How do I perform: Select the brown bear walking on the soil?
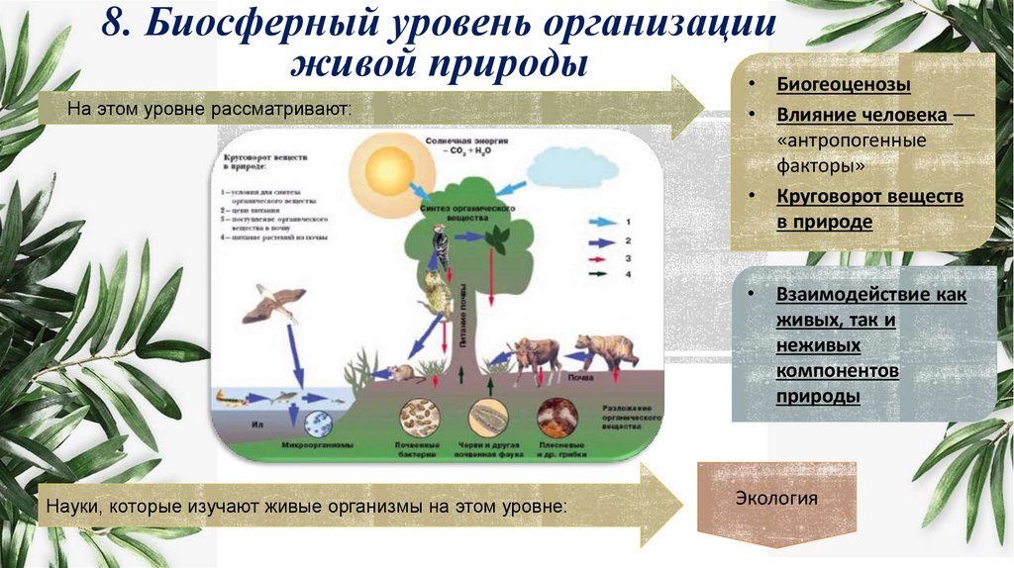[605, 350]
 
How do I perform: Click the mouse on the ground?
[400, 373]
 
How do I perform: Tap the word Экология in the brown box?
[776, 498]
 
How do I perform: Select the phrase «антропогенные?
[852, 141]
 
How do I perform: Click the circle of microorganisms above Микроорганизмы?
[317, 424]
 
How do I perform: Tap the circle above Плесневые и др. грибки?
[558, 417]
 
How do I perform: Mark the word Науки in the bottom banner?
[70, 506]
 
